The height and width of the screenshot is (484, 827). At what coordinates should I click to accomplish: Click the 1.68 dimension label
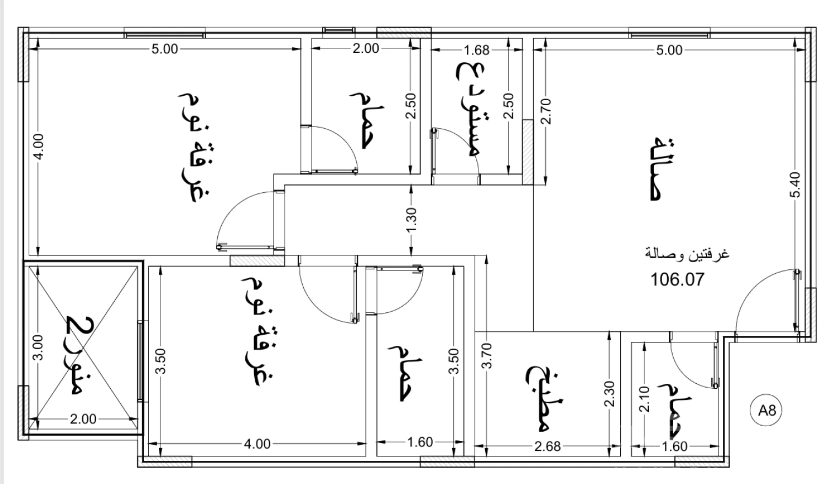pos(476,50)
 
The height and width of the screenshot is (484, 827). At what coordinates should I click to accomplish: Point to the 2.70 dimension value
pos(545,111)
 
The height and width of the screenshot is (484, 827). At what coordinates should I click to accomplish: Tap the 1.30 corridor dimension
pos(411,220)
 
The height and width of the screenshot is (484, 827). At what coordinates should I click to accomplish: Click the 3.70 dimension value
pos(487,356)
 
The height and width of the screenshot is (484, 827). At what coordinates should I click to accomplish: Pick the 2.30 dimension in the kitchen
pos(609,394)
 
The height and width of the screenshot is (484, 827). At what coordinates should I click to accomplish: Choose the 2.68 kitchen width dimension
pos(547,447)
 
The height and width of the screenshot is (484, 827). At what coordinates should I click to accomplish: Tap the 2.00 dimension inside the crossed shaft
pos(83,419)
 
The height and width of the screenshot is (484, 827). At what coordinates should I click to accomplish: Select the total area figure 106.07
pos(677,279)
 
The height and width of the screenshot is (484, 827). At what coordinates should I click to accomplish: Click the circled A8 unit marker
pos(766,410)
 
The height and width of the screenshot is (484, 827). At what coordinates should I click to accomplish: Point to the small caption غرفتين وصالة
pos(687,254)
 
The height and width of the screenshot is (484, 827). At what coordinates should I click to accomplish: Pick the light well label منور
pos(80,355)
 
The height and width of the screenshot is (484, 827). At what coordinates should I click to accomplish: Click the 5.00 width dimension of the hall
pos(669,50)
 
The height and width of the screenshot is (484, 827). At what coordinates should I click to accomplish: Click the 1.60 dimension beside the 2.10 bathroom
pos(674,447)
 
